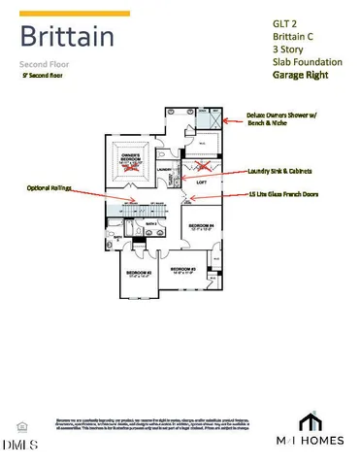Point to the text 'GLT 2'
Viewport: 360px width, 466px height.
click(x=276, y=22)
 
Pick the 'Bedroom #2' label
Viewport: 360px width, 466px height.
click(x=183, y=269)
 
